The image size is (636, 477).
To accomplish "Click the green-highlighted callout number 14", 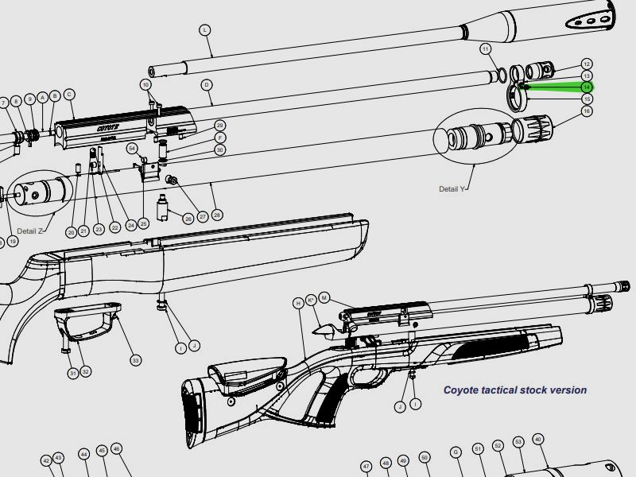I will point(587,87).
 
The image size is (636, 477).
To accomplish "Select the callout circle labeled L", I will point(204,30).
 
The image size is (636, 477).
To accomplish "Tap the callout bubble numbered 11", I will point(486,49).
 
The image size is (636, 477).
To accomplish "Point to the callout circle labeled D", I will point(206,84).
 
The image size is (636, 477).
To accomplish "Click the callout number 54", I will point(132,149).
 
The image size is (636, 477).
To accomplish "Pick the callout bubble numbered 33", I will point(136,360).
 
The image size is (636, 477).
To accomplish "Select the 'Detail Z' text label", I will point(31,231).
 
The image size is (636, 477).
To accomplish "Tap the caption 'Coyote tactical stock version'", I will point(514,390).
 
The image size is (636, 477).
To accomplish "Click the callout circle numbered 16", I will point(587,111).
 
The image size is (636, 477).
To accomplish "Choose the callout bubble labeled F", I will point(220,138).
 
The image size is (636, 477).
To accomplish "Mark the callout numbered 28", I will point(217,215).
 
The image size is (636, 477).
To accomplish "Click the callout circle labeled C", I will point(69,95).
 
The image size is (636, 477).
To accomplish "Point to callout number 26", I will point(188,218).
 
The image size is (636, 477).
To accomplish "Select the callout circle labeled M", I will point(324,298).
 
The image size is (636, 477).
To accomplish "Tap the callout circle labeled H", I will point(298,303).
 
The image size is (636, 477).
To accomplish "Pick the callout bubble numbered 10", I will point(145,83).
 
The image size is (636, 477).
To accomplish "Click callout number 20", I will point(71,232).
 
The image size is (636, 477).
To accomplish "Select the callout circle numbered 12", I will point(587,64).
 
